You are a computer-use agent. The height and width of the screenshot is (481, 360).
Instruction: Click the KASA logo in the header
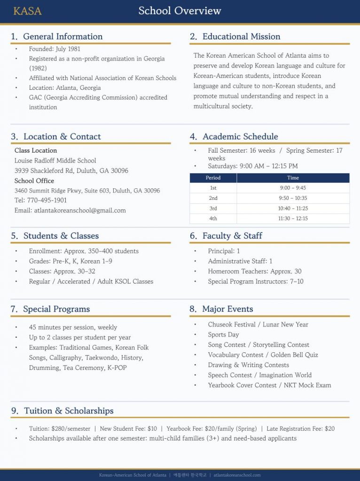tap(27, 11)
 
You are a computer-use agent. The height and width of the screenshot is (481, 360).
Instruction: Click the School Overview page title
tap(180, 11)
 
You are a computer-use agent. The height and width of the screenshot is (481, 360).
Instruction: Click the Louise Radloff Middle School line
tap(55, 161)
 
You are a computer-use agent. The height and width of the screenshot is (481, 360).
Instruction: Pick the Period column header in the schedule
tap(213, 178)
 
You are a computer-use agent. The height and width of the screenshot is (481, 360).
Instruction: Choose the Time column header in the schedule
tap(293, 178)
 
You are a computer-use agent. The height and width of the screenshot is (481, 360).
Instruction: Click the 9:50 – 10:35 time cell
tap(293, 198)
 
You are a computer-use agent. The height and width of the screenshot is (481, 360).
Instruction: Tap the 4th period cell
tap(213, 218)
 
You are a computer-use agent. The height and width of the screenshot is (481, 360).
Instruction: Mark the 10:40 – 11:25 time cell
tap(293, 208)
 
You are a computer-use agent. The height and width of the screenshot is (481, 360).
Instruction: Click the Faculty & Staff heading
tap(232, 236)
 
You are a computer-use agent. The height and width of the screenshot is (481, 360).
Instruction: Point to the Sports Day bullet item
tap(223, 334)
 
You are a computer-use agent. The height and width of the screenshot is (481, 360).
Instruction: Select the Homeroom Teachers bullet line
tap(255, 271)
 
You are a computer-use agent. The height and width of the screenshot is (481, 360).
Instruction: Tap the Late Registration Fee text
tap(301, 428)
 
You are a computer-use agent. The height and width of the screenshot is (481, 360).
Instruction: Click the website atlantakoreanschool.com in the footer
tap(237, 475)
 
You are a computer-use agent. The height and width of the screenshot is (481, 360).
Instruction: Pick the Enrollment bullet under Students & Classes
tap(84, 251)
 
